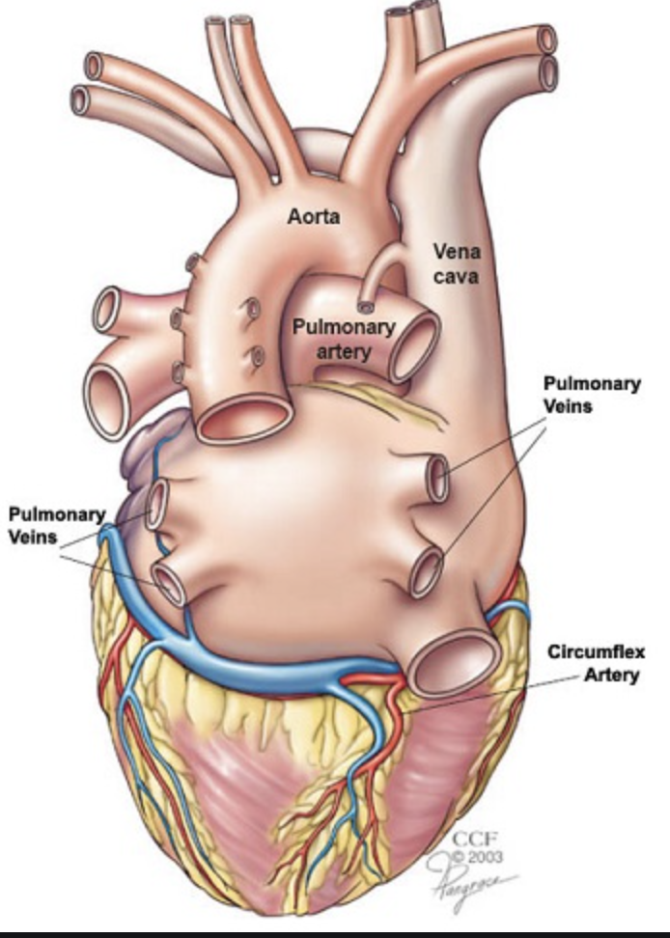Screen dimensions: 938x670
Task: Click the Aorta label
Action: [314, 216]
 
